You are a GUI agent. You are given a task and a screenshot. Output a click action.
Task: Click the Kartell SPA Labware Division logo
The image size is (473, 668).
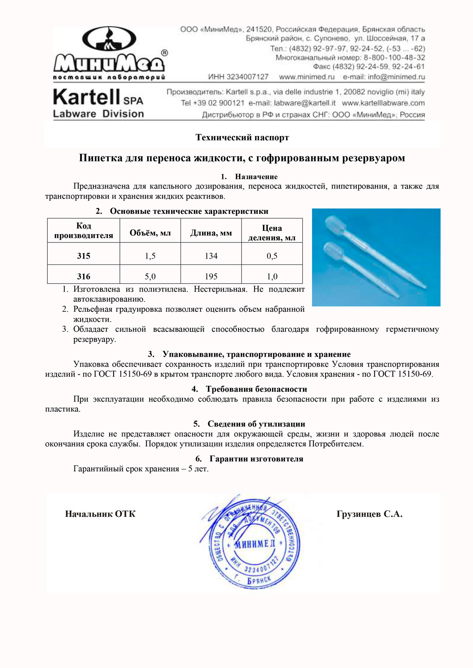tap(99, 104)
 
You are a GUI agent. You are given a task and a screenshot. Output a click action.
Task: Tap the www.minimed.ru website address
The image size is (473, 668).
tap(307, 77)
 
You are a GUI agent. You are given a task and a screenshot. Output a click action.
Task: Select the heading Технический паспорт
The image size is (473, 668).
tap(242, 137)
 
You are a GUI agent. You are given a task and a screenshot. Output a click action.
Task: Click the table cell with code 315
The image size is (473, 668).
tap(84, 256)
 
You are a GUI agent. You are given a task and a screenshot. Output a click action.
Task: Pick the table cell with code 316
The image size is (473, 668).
tap(84, 276)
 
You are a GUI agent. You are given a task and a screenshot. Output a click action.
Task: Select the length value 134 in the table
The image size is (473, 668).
tap(211, 256)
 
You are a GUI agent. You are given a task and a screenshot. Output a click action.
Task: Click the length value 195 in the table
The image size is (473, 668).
tap(211, 276)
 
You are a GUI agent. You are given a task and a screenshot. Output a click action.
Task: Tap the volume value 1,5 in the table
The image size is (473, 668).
tap(150, 256)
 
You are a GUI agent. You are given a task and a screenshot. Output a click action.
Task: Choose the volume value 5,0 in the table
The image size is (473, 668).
tap(150, 276)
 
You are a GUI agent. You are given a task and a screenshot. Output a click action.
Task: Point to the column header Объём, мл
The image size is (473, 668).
tap(150, 233)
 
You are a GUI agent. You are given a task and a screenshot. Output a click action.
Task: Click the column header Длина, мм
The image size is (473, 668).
tap(211, 233)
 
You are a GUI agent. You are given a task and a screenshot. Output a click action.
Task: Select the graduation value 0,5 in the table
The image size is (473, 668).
tap(272, 256)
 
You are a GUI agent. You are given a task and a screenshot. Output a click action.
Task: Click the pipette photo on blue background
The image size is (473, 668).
tap(376, 257)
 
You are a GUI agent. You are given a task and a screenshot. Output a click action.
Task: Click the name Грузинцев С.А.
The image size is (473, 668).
tap(369, 514)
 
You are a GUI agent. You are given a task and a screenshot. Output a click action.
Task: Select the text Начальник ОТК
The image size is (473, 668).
tap(100, 514)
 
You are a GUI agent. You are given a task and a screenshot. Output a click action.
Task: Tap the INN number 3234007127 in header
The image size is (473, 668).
tap(238, 77)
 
